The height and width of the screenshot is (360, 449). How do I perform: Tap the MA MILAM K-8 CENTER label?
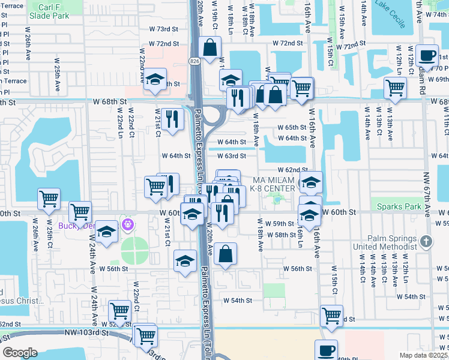click(x=274, y=184)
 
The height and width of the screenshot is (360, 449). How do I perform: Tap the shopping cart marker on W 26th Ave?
click(x=49, y=198)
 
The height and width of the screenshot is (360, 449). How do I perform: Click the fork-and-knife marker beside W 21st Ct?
click(x=172, y=118)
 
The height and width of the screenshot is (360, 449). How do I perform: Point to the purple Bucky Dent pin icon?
click(x=127, y=224)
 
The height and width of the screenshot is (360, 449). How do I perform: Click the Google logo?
click(x=20, y=353)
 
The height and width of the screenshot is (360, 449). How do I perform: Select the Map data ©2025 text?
click(x=423, y=355)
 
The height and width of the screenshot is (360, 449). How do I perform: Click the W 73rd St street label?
click(x=163, y=29)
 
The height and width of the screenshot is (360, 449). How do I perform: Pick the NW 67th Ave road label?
click(x=427, y=193)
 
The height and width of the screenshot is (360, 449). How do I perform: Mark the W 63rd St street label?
click(x=231, y=156)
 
